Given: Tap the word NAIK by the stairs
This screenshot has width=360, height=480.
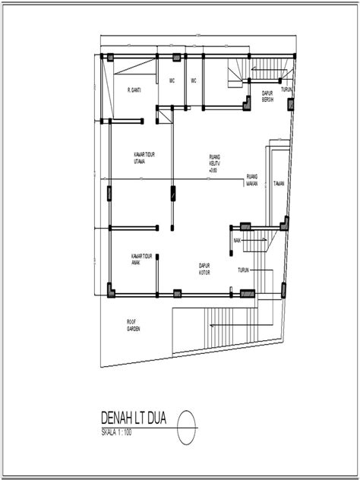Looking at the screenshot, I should [238, 240].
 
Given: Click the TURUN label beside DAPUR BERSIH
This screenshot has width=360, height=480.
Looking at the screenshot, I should [286, 90].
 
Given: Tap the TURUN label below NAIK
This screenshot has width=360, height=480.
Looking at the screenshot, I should [244, 270].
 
